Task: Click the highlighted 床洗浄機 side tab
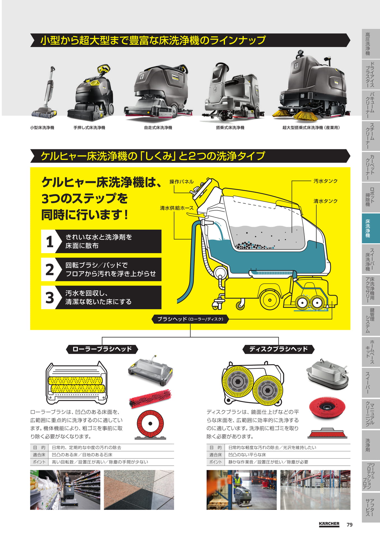pyautogui.click(x=370, y=228)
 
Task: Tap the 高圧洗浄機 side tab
pyautogui.click(x=370, y=44)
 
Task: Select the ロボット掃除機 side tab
pyautogui.click(x=370, y=197)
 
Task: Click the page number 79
pyautogui.click(x=349, y=525)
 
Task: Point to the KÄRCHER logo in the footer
pyautogui.click(x=329, y=524)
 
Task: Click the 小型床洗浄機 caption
pyautogui.click(x=42, y=128)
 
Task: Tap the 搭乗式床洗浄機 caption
pyautogui.click(x=230, y=128)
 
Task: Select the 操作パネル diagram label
pyautogui.click(x=182, y=182)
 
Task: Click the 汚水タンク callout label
pyautogui.click(x=325, y=181)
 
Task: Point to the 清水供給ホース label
pyautogui.click(x=177, y=208)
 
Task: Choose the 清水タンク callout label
pyautogui.click(x=325, y=201)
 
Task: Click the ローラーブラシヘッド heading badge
pyautogui.click(x=102, y=349)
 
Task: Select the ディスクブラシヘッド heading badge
pyautogui.click(x=278, y=349)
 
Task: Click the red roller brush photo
pyautogui.click(x=150, y=398)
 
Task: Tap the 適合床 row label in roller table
pyautogui.click(x=39, y=455)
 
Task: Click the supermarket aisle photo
pyautogui.click(x=65, y=490)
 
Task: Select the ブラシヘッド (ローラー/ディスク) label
pyautogui.click(x=190, y=319)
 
